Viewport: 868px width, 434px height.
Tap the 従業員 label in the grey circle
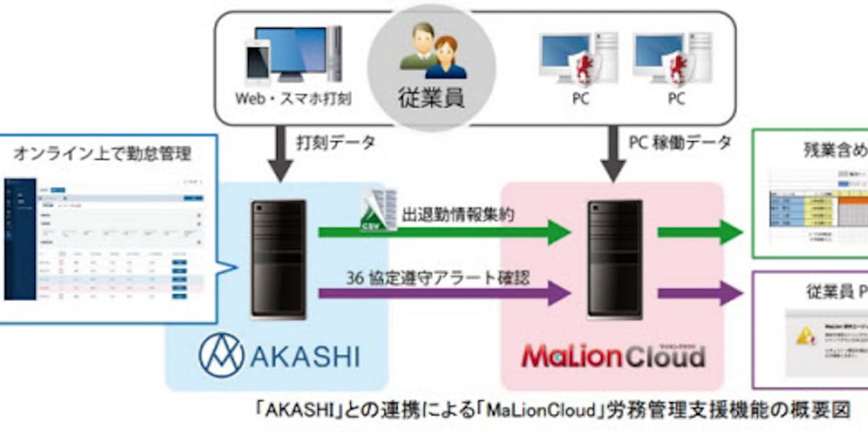point(433,95)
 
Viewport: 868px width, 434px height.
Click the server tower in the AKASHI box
point(278,259)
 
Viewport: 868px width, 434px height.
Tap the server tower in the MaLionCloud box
point(615,259)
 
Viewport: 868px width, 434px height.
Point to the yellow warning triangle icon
point(804,334)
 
